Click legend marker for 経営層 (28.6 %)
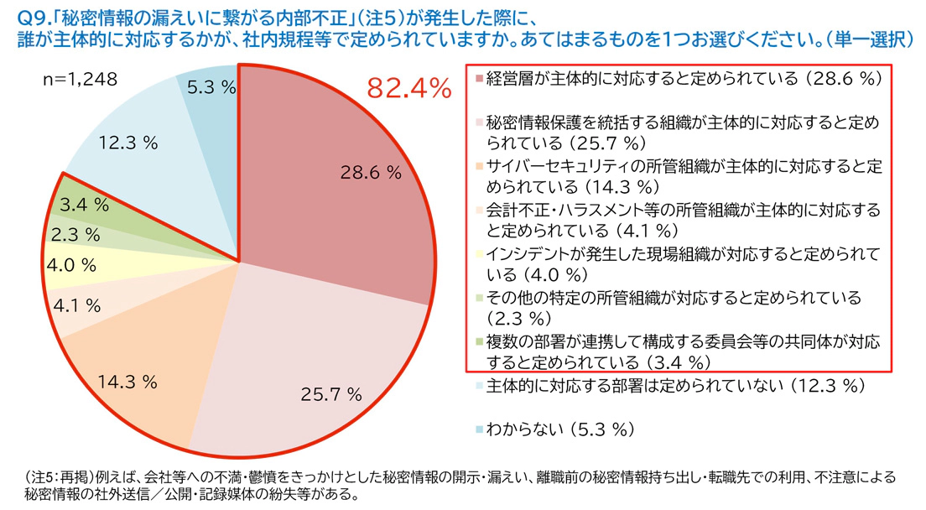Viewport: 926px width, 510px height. [x=478, y=79]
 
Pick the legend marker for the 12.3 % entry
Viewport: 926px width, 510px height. [x=478, y=386]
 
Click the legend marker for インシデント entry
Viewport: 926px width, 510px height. [x=478, y=254]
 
